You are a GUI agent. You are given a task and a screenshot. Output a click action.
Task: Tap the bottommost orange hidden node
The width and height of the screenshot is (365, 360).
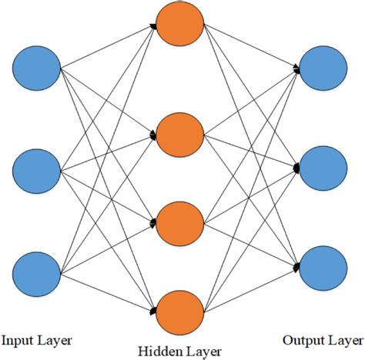[179, 312]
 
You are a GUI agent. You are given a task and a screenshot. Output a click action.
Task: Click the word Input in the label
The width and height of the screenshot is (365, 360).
[18, 338]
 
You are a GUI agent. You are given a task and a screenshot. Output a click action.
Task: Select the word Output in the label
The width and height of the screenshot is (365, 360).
[302, 338]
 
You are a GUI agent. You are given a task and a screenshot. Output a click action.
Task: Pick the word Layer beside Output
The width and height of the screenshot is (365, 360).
[343, 338]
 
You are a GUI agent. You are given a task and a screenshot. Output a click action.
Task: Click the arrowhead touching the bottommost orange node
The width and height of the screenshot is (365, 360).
[154, 311]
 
